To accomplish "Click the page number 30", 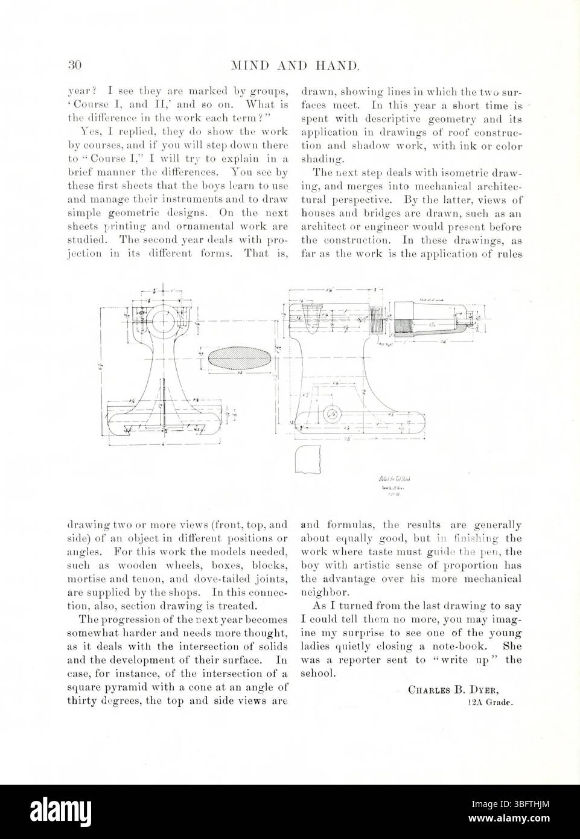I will (x=74, y=65).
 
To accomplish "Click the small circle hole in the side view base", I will (x=330, y=414).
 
